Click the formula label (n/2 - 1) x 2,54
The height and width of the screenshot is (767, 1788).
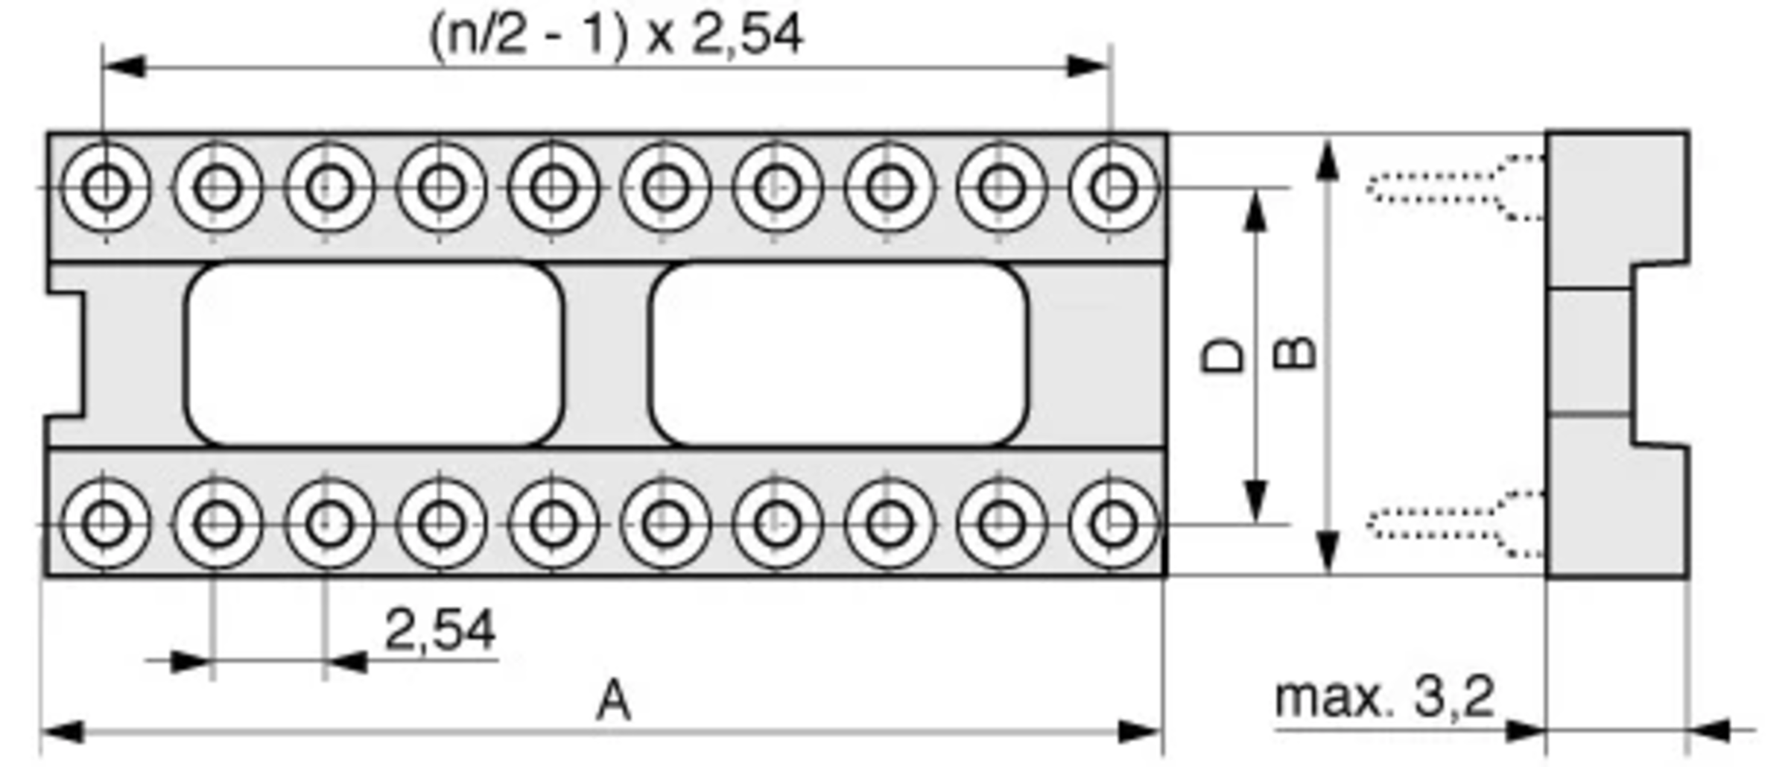(616, 36)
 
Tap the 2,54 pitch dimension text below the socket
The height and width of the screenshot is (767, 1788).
(440, 631)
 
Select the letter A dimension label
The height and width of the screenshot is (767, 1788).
(614, 702)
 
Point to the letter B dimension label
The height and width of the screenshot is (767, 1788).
(1296, 353)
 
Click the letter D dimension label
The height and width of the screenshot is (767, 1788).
(1224, 356)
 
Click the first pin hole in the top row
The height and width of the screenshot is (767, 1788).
(105, 187)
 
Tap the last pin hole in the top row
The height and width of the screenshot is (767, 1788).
(1113, 187)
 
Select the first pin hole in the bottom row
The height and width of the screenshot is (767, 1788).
(105, 524)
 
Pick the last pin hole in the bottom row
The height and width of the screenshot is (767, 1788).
(1113, 524)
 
